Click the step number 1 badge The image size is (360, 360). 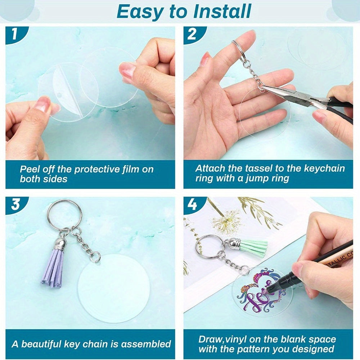click(15, 34)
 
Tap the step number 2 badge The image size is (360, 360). click(192, 34)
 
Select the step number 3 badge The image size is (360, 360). click(15, 204)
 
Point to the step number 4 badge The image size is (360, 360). click(192, 204)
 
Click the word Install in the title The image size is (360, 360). click(222, 11)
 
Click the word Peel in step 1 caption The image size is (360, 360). click(29, 170)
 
